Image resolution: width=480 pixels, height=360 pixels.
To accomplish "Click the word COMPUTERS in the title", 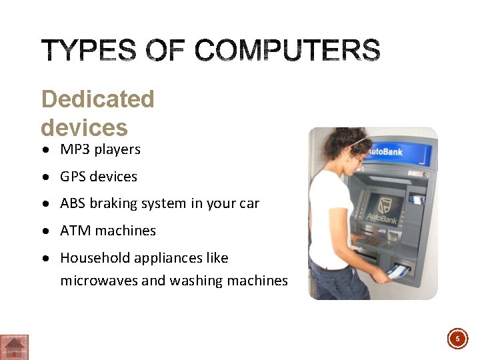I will coord(287,51).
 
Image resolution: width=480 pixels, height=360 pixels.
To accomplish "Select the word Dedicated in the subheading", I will coord(97,99).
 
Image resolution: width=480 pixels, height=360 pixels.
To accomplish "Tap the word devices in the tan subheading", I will coord(84,127).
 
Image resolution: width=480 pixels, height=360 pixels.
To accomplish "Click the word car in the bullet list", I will coord(249,204).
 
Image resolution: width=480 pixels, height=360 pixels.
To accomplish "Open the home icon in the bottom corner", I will coord(14,347).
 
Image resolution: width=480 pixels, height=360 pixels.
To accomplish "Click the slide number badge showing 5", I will coord(457,339).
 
